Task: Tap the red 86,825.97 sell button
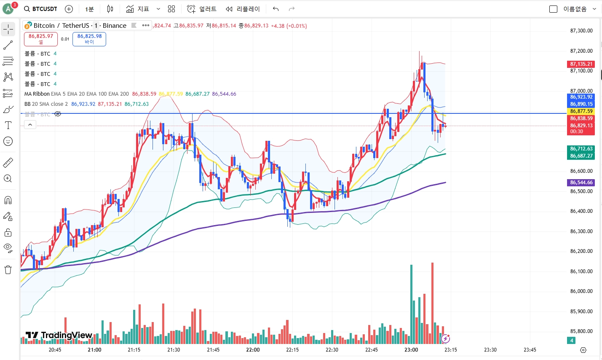41,39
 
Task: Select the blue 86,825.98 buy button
89,39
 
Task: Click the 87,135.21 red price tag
581,64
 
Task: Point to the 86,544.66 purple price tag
581,183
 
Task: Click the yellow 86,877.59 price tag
581,111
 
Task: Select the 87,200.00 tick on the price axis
581,51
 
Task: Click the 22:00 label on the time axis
253,350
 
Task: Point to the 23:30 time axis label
490,350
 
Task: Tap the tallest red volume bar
432,304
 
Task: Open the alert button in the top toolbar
202,9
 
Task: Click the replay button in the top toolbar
243,9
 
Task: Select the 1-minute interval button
89,9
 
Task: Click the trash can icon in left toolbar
8,270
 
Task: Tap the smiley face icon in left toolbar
8,141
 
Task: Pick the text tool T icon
8,125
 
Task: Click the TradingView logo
59,336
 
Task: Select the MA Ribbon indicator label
37,94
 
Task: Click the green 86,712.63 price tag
581,149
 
